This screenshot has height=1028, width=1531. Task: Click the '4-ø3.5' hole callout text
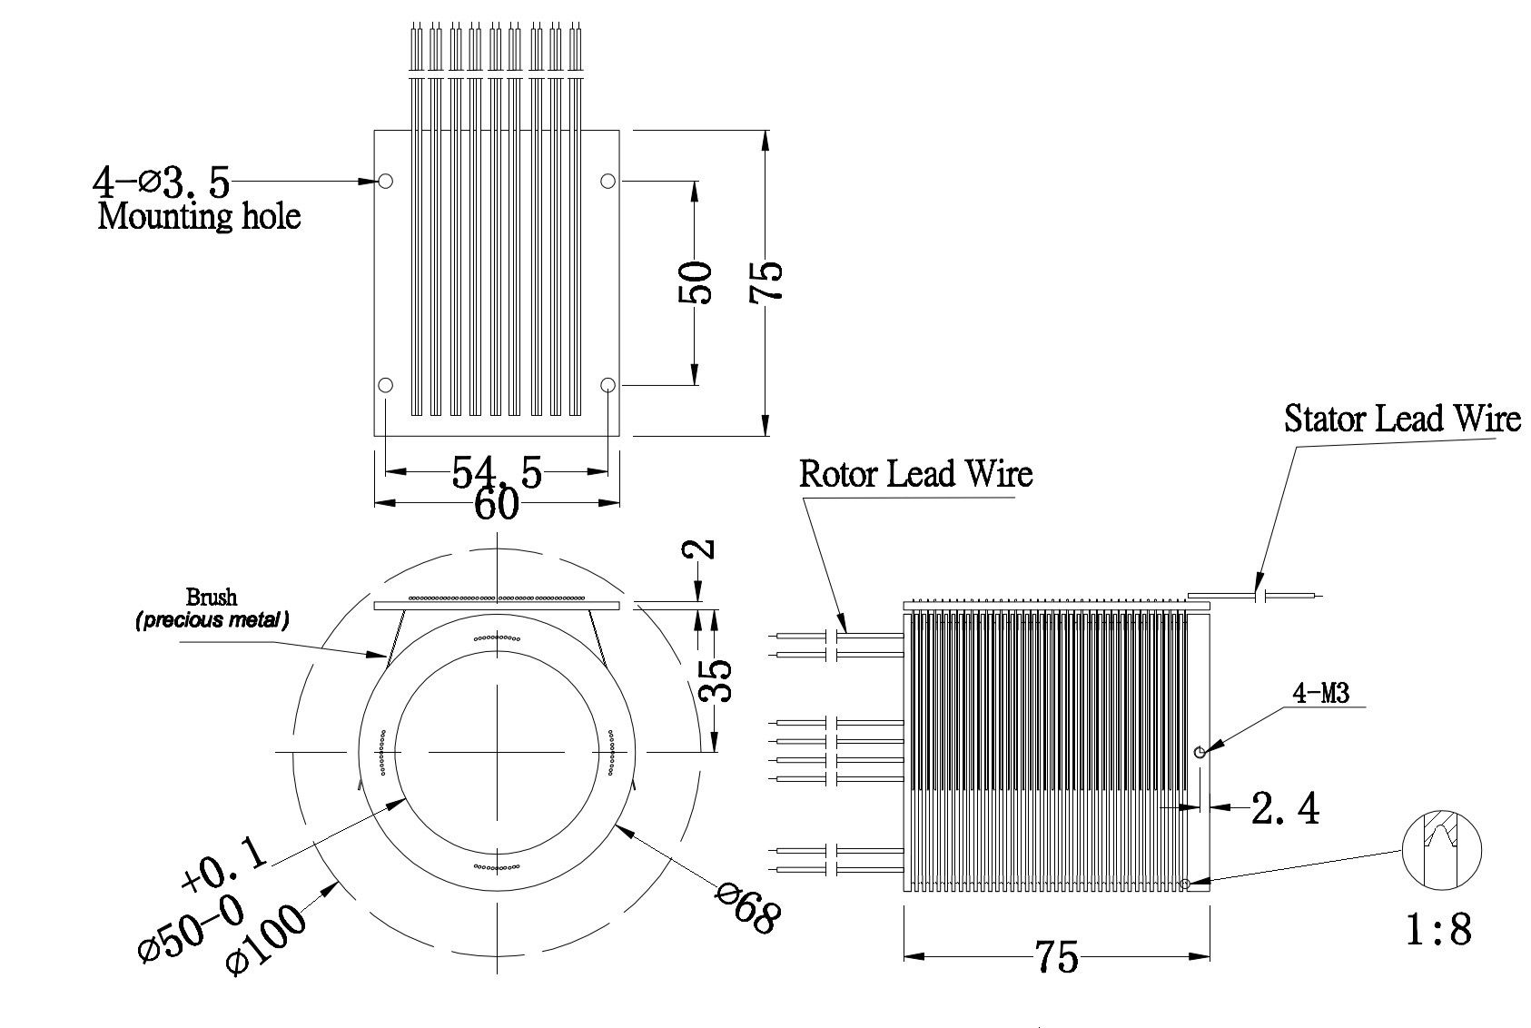[162, 183]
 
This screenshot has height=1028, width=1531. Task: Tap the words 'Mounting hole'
[199, 217]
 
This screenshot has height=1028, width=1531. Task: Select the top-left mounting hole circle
[386, 181]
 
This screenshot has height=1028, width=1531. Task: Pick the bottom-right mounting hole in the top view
[607, 385]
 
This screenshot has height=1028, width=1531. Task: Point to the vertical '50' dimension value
[695, 282]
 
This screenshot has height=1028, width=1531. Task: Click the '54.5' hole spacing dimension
[497, 471]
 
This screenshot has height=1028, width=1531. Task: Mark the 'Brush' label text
[212, 597]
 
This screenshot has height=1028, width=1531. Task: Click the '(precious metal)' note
[212, 620]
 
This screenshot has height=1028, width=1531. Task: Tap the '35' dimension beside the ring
[715, 680]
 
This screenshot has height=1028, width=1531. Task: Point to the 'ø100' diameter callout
[265, 941]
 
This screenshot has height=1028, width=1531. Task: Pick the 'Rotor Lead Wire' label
[916, 474]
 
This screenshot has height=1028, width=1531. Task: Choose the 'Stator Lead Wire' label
[1402, 419]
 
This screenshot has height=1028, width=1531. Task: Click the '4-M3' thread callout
[1320, 694]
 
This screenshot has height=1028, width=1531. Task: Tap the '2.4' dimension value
[1285, 808]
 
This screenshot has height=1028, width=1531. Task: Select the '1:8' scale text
[1438, 930]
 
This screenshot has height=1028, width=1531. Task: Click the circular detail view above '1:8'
[1441, 851]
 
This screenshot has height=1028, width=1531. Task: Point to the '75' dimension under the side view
[1057, 957]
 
